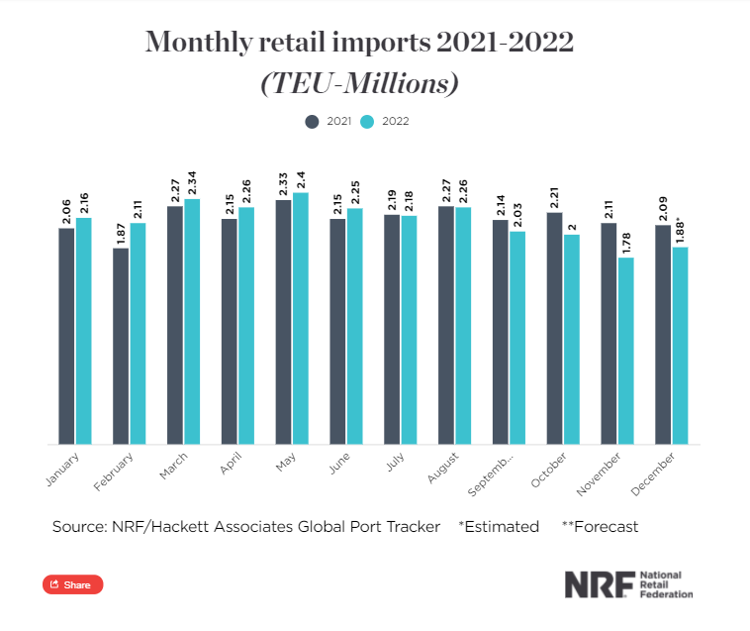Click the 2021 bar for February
[x=121, y=346]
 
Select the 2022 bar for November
[x=626, y=351]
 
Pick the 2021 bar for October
[x=554, y=328]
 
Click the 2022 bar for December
[x=680, y=346]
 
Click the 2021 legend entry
[x=328, y=122]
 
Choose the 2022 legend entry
[x=385, y=122]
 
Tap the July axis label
[x=395, y=463]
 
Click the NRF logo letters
[x=596, y=584]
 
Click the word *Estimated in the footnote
[x=499, y=527]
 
